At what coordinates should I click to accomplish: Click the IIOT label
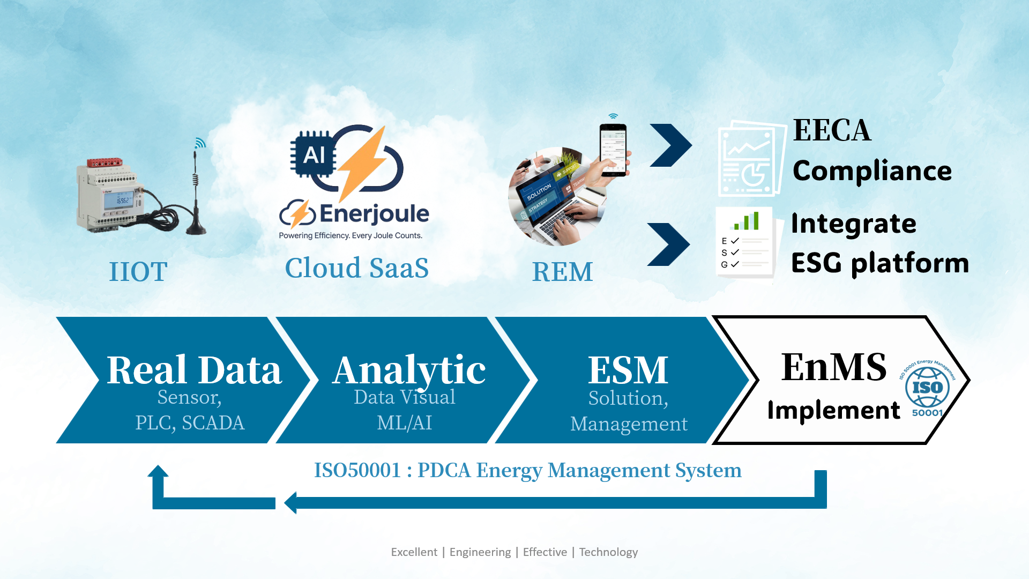coord(138,272)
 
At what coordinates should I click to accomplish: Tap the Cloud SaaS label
coord(356,268)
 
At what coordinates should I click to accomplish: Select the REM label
coord(562,272)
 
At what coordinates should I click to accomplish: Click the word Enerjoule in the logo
coord(374,213)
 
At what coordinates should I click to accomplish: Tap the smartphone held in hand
coord(613,149)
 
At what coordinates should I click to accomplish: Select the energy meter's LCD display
coord(123,200)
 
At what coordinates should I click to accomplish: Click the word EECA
coord(832,130)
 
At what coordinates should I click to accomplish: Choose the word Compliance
coord(872,171)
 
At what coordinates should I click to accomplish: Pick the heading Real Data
coord(194,370)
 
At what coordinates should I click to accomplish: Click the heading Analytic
coord(409,370)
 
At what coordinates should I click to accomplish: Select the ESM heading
coord(628,370)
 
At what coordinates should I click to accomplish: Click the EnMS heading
coord(833,367)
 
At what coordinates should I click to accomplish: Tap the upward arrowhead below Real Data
coord(158,472)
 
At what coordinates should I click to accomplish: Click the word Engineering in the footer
coord(480,552)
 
